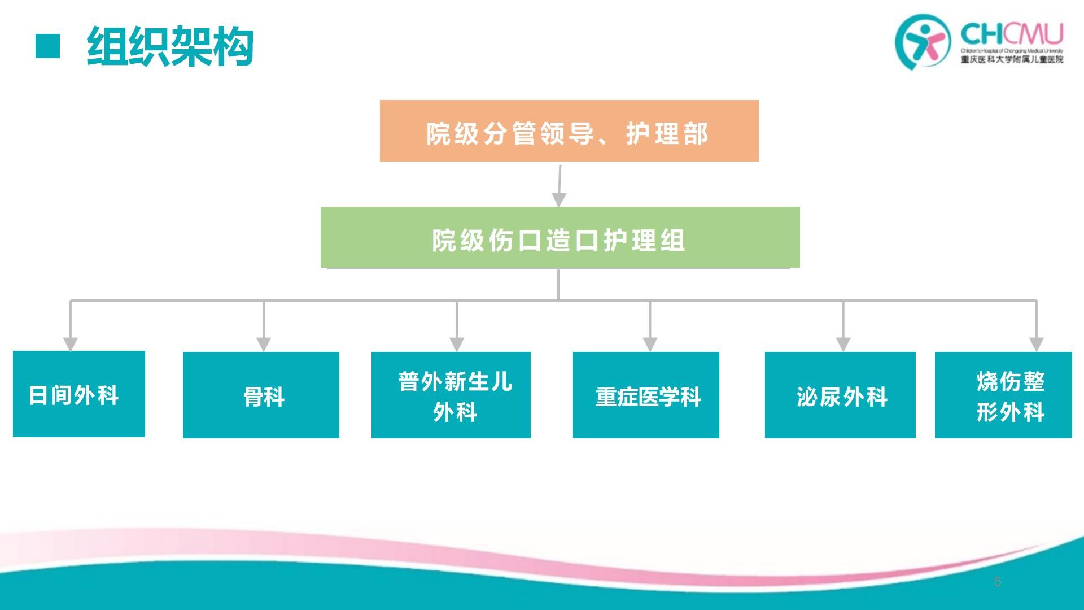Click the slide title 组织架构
(170, 47)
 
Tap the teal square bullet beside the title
(47, 46)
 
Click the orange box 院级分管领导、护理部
(569, 131)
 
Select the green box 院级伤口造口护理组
(560, 237)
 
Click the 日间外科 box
(78, 394)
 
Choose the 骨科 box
(261, 395)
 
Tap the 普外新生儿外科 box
(451, 395)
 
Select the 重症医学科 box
(646, 395)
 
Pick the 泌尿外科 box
(840, 395)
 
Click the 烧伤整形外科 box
(1003, 395)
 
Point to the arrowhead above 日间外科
(71, 343)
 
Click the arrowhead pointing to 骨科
(264, 343)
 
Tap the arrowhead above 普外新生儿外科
(457, 343)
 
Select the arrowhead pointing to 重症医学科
(650, 343)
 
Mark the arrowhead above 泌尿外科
(843, 343)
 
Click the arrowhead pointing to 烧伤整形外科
(1036, 343)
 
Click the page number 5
(998, 582)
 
